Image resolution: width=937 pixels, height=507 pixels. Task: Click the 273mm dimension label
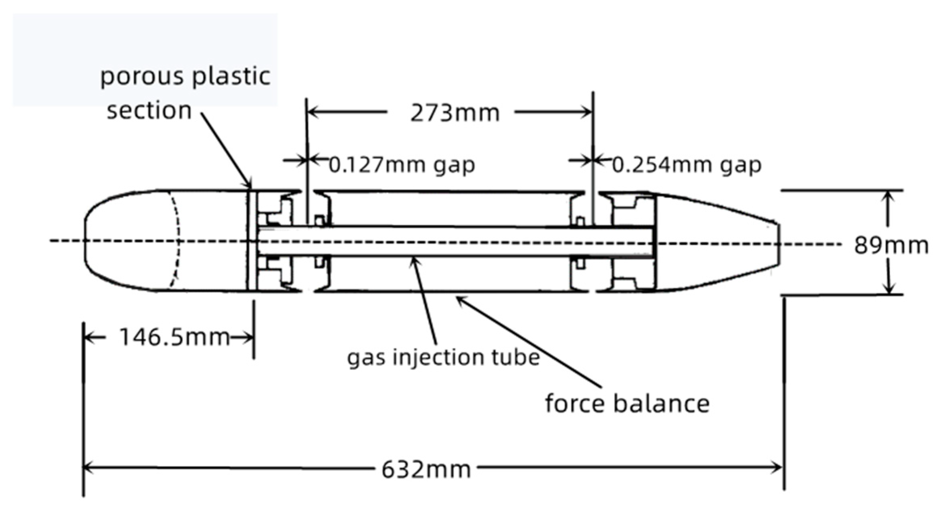coord(455,114)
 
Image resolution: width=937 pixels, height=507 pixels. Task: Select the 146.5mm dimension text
coord(175,337)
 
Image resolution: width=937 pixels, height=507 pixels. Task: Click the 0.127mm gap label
coord(402,165)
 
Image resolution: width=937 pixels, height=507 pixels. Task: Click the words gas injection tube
coord(443,357)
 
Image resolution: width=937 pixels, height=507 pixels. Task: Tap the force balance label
coord(627,404)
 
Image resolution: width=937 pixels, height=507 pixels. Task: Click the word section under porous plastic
coord(149,110)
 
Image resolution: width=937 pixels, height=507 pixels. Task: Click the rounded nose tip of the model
coord(85,241)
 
